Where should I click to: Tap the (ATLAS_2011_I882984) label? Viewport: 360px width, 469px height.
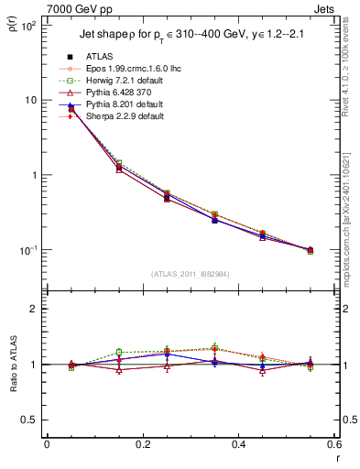191,273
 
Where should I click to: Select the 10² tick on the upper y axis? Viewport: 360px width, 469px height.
27,26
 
